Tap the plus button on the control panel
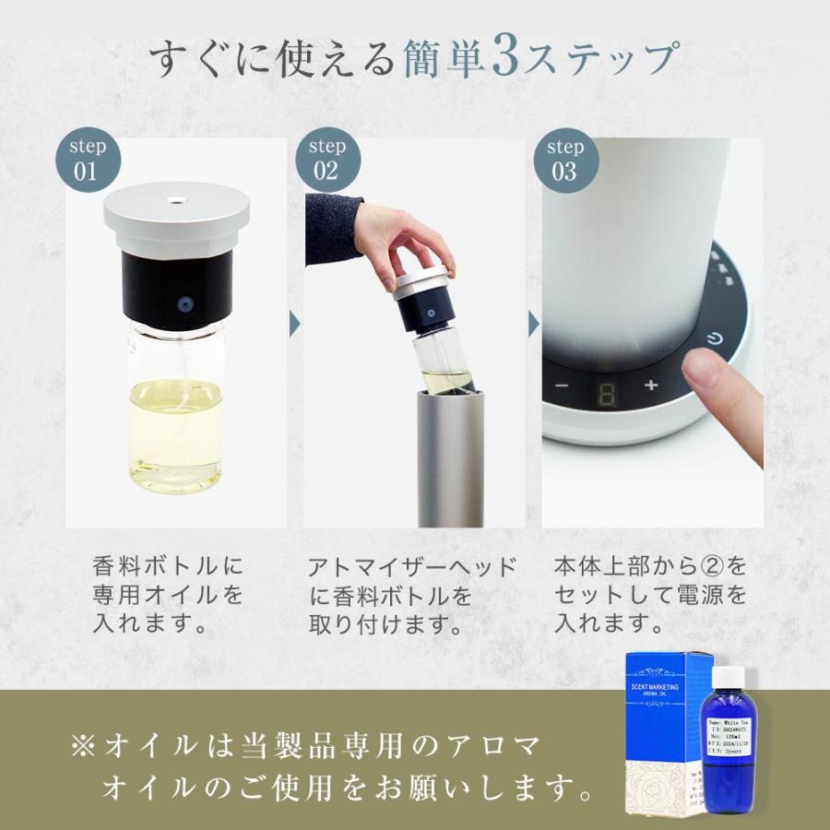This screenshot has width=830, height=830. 651,385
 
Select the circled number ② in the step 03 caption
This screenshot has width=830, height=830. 712,564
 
